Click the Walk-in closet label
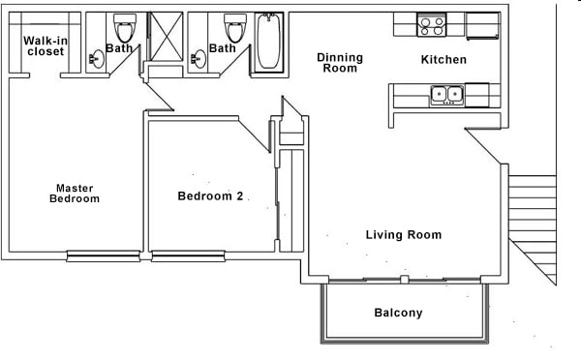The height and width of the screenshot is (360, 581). [x=46, y=45]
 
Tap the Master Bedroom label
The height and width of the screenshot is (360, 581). [x=75, y=194]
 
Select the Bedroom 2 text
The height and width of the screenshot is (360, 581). [x=210, y=195]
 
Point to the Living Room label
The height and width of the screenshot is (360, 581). [x=404, y=235]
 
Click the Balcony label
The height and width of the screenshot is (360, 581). [x=398, y=313]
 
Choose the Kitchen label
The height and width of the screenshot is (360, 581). [x=443, y=60]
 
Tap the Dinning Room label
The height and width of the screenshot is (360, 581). [x=340, y=63]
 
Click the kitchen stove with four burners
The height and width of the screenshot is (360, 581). [x=431, y=25]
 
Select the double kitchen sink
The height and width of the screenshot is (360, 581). [x=446, y=95]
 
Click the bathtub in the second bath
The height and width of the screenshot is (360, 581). [x=268, y=41]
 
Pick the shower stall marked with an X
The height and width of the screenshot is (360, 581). [x=166, y=37]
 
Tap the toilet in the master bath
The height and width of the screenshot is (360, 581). [x=125, y=28]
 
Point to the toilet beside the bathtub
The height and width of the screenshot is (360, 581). [x=235, y=28]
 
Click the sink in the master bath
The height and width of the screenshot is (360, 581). [x=97, y=59]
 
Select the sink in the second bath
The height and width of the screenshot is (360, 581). [x=199, y=59]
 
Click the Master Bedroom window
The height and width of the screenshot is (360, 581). [x=104, y=256]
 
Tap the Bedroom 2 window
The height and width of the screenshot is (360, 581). [x=188, y=256]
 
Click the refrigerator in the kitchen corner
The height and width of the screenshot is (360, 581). [x=483, y=25]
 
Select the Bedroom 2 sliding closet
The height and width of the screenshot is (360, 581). [x=291, y=200]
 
